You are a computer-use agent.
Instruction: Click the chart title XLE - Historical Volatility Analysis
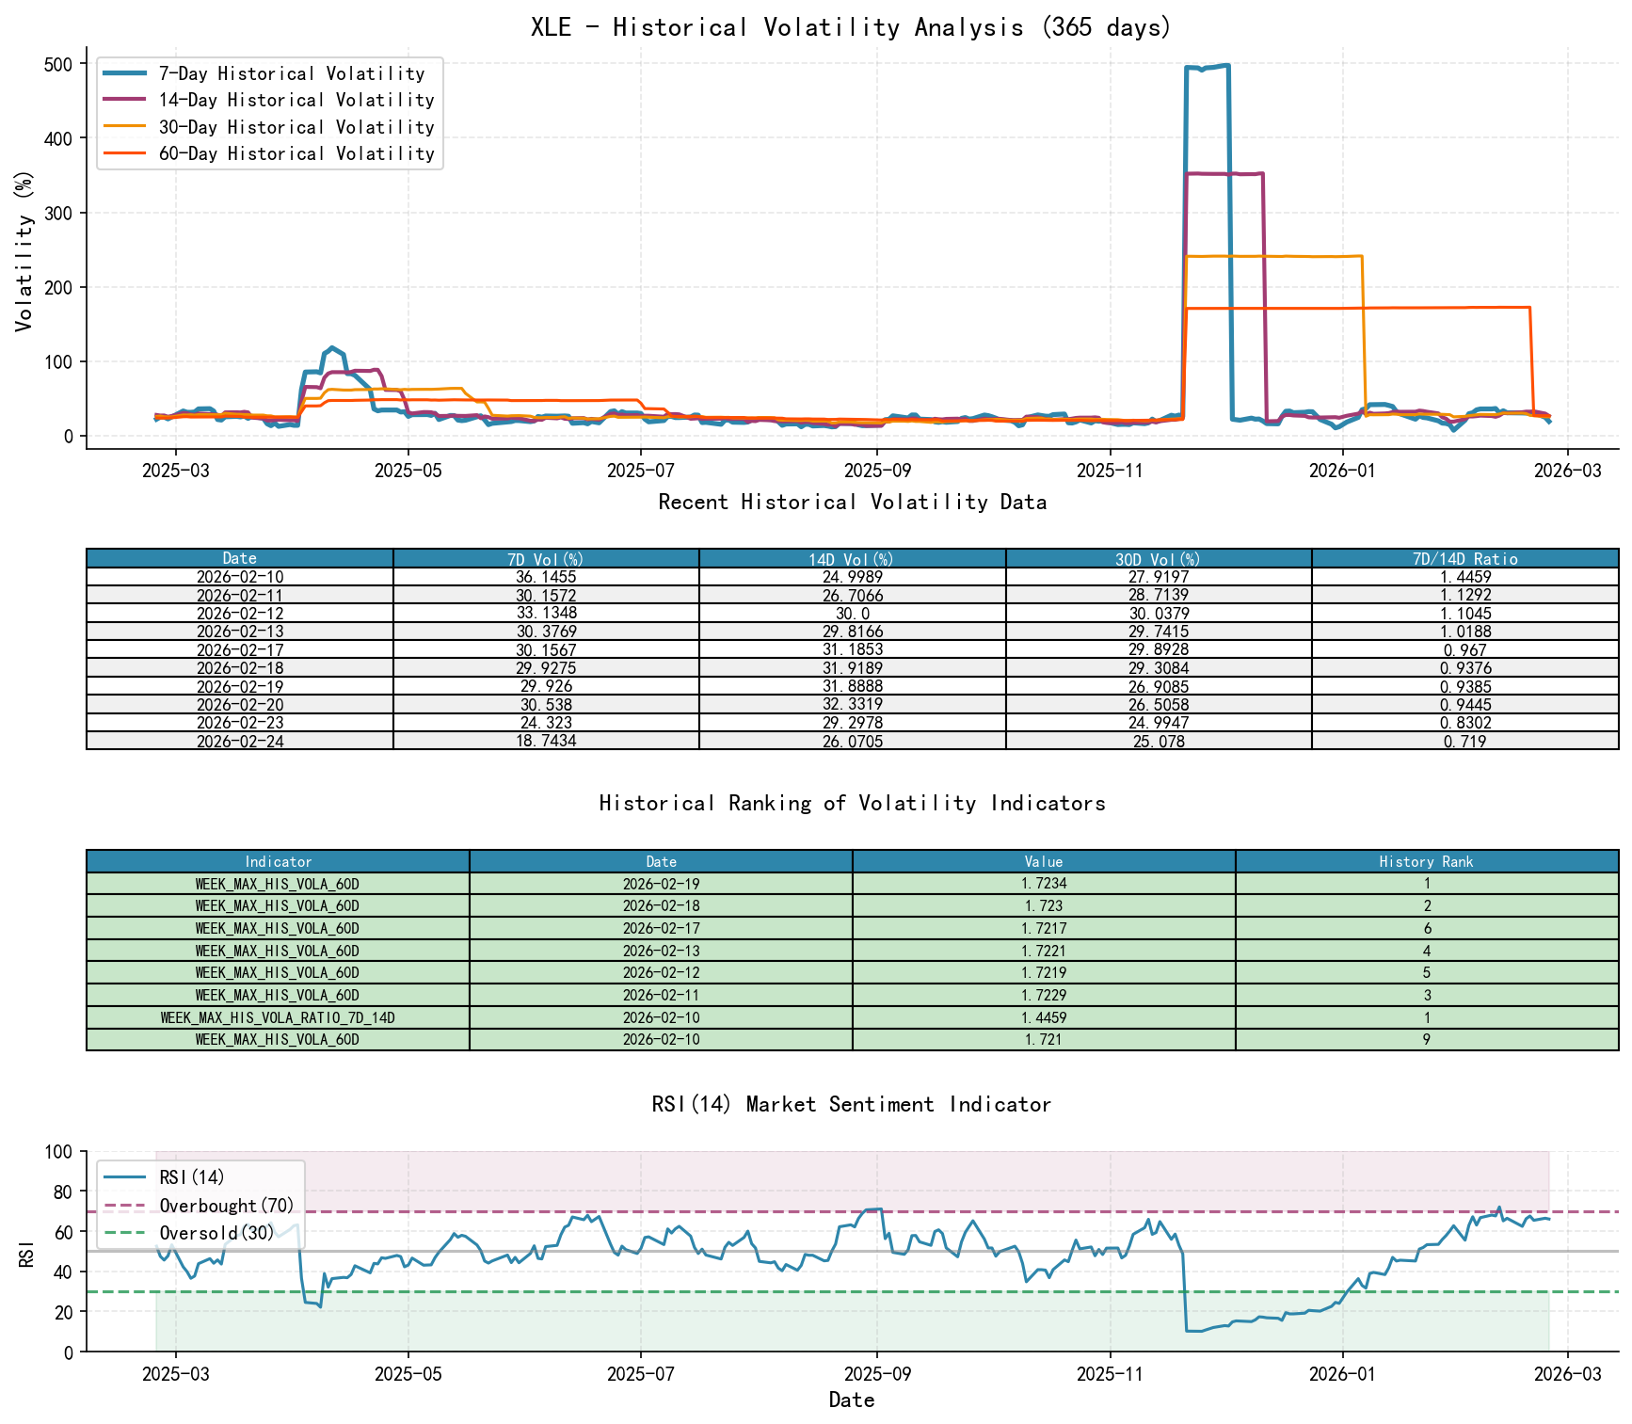[851, 26]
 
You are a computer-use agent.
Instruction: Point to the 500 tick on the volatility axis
[58, 64]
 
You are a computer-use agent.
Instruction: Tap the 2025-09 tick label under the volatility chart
[876, 471]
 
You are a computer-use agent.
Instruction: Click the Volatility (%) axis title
[24, 250]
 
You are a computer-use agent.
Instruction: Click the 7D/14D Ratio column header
[1464, 558]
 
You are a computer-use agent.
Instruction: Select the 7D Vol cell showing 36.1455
[546, 577]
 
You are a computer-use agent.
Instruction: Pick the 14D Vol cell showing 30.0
[852, 614]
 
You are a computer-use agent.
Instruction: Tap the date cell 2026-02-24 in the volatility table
[240, 742]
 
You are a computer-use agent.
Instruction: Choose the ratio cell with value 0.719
[1464, 742]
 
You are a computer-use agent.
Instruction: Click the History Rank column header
[1426, 861]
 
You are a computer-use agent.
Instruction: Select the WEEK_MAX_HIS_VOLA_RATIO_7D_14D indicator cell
[278, 1017]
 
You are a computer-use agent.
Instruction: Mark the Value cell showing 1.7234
[1043, 884]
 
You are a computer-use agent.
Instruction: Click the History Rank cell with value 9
[1426, 1040]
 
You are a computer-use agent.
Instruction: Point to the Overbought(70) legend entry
[226, 1206]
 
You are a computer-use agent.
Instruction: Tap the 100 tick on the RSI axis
[58, 1152]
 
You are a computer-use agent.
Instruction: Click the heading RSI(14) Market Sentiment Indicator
[851, 1104]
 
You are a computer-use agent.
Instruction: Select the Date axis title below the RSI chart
[851, 1400]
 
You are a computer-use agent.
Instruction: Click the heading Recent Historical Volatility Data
[851, 502]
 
